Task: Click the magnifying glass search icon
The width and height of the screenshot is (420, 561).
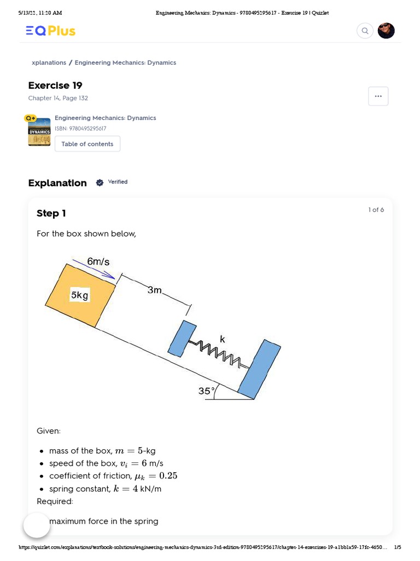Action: pyautogui.click(x=365, y=31)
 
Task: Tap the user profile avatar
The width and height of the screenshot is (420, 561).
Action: pyautogui.click(x=386, y=31)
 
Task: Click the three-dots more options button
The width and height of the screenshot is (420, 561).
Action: pyautogui.click(x=378, y=96)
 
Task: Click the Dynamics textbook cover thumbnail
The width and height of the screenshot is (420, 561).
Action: pyautogui.click(x=39, y=131)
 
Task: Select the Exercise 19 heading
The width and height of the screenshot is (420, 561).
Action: pyautogui.click(x=55, y=85)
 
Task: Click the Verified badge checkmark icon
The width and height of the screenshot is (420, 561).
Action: pyautogui.click(x=100, y=182)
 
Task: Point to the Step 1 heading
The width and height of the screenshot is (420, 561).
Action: pyautogui.click(x=51, y=213)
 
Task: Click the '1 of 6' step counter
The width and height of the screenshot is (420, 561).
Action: pyautogui.click(x=376, y=210)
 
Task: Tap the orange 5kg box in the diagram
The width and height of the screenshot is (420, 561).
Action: pyautogui.click(x=80, y=296)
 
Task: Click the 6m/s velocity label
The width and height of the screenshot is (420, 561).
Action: pyautogui.click(x=98, y=262)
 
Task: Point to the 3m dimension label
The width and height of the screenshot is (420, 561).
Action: pyautogui.click(x=155, y=290)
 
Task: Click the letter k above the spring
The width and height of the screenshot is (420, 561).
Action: pyautogui.click(x=223, y=339)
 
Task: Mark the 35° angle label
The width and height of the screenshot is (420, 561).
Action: pyautogui.click(x=206, y=391)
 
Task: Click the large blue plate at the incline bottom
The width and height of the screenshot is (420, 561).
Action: pyautogui.click(x=259, y=370)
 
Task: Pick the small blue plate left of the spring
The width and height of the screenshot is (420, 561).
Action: pyautogui.click(x=181, y=339)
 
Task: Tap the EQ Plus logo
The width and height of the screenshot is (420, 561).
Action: pyautogui.click(x=51, y=31)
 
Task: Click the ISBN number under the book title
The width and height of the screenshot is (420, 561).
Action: pyautogui.click(x=80, y=129)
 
